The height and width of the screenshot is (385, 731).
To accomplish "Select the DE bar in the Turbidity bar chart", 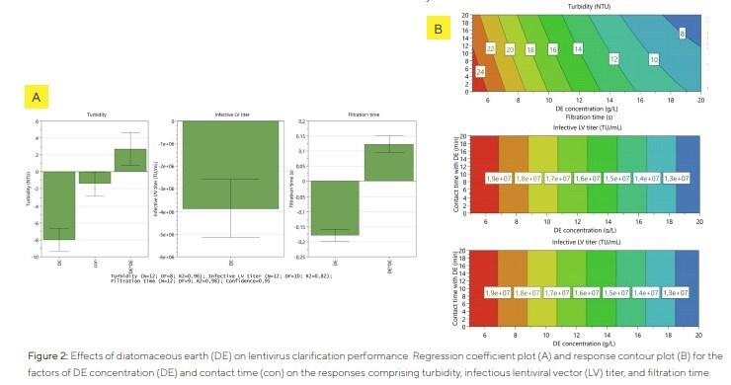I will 60,205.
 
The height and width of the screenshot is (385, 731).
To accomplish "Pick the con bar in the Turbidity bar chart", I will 95,178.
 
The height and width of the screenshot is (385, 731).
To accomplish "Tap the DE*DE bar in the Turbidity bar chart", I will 129,160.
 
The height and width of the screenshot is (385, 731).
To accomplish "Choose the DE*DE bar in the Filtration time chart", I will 387,162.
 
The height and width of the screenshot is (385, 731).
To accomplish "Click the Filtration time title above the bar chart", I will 361,115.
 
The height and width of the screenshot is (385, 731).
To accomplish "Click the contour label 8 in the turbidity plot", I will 681,35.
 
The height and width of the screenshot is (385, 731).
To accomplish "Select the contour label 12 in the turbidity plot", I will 613,59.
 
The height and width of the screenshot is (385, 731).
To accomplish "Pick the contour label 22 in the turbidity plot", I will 491,48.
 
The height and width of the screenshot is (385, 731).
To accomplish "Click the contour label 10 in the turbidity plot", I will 653,59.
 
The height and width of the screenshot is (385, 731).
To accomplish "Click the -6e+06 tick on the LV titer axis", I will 155,256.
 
